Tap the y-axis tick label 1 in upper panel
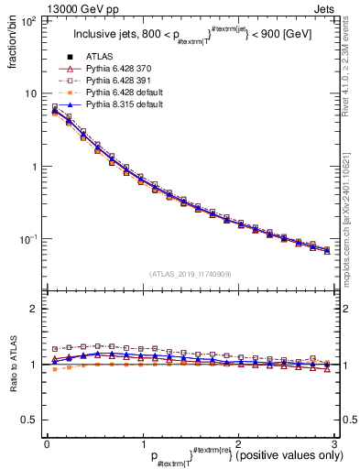click(34, 167)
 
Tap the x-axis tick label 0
click(46, 444)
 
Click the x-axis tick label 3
click(334, 444)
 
